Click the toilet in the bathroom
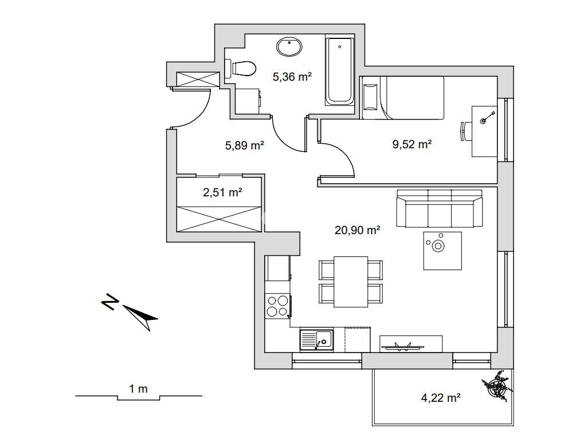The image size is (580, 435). [241, 69]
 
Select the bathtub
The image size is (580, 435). [339, 71]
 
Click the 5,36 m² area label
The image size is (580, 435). [292, 77]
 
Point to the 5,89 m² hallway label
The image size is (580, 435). [245, 145]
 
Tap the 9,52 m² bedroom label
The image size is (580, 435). [412, 144]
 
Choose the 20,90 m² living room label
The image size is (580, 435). [358, 230]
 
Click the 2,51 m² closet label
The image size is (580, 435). [223, 192]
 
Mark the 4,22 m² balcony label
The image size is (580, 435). [441, 398]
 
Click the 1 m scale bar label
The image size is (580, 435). [138, 389]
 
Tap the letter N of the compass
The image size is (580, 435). [110, 302]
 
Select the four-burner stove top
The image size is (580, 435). [278, 306]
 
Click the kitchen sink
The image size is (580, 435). [316, 340]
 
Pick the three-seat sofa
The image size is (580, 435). [440, 209]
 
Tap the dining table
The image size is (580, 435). [351, 282]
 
